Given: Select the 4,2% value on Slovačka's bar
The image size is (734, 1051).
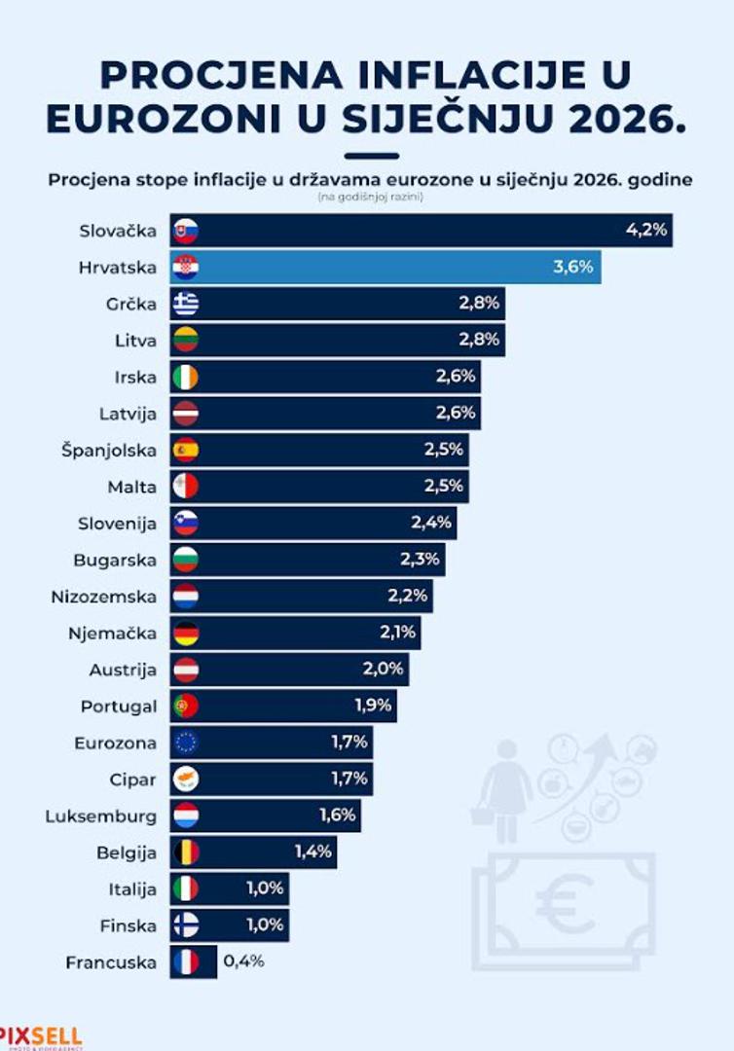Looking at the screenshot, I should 645,231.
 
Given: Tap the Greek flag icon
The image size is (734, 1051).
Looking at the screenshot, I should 185,304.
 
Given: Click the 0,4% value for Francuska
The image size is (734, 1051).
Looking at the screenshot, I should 243,961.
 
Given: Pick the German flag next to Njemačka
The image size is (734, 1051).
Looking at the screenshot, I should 185,634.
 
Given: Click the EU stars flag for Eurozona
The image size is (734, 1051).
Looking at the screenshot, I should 185,743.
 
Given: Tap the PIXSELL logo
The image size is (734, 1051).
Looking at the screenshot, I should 41,1036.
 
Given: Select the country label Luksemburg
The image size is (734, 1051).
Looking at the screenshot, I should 100,815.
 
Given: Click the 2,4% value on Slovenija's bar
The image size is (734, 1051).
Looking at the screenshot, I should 431,523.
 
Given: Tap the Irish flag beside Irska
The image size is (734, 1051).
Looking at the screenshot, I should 185,377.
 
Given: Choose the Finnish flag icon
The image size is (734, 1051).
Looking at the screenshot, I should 185,925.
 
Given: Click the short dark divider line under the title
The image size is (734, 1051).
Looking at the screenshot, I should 372,156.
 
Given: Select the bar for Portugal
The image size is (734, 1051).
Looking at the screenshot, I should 292,707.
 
